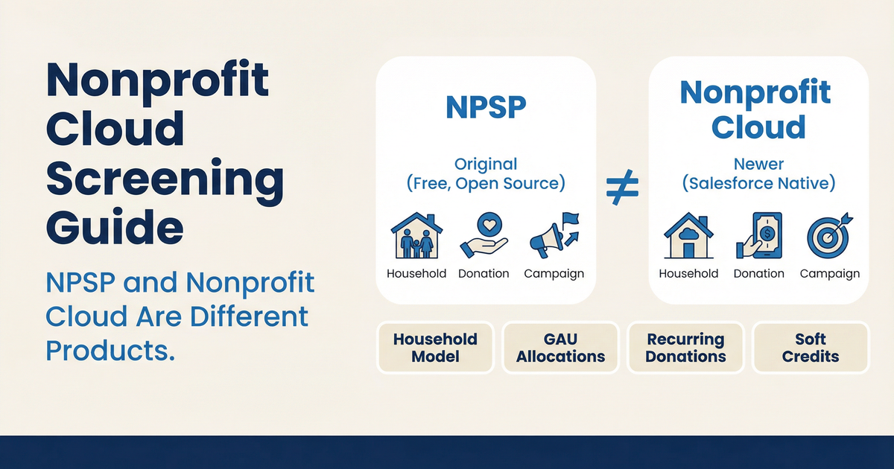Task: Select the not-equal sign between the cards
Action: [x=622, y=193]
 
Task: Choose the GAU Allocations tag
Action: [x=560, y=348]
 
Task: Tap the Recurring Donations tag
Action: [x=685, y=348]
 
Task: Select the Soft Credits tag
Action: [x=811, y=348]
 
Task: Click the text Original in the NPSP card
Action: [x=486, y=164]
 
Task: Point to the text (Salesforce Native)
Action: [x=759, y=184]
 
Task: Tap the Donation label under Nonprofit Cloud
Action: [x=758, y=274]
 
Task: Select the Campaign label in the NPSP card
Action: [x=554, y=273]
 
